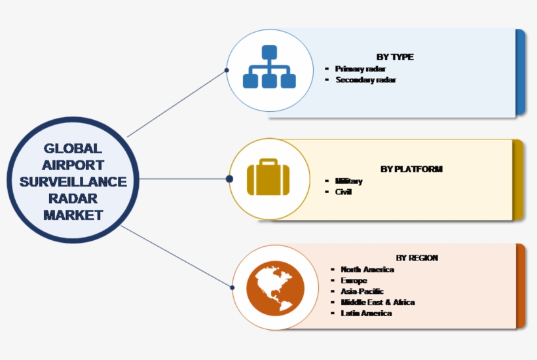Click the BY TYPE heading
[x=395, y=57]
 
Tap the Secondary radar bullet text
[x=366, y=80]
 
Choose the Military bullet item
[x=348, y=181]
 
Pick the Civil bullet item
[x=343, y=192]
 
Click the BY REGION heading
[x=417, y=258]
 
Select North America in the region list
[x=367, y=269]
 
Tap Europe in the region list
[x=354, y=280]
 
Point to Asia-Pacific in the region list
[x=362, y=291]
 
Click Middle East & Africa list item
[x=378, y=302]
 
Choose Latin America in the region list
[x=366, y=314]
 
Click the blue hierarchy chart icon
[x=269, y=67]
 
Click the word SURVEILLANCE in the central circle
[x=73, y=181]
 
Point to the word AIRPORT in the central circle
[x=73, y=165]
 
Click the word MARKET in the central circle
[x=73, y=214]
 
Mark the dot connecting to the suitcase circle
[x=229, y=179]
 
